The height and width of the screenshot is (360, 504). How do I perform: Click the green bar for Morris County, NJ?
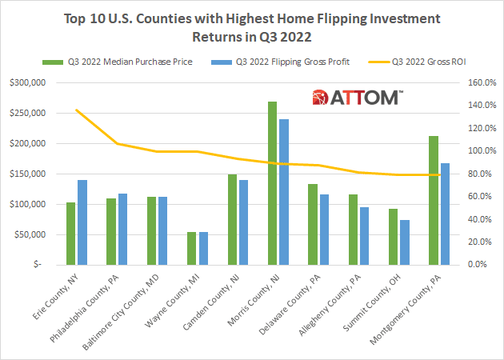[x=272, y=184]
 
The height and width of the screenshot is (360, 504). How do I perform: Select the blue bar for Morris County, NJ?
[x=283, y=192]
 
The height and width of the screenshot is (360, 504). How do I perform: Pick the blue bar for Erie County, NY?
[x=82, y=222]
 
